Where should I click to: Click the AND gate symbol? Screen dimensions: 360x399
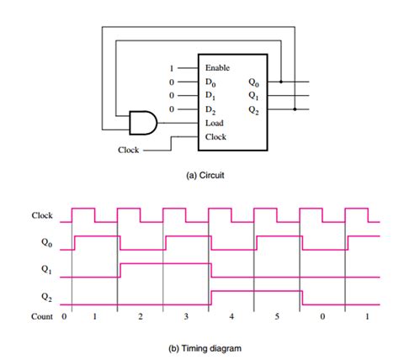click(141, 123)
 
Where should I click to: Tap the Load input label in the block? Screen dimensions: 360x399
click(214, 123)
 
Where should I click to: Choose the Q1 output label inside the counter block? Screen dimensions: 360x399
click(254, 95)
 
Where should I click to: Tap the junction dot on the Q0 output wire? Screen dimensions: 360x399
click(280, 82)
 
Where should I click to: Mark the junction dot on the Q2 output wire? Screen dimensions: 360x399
click(294, 109)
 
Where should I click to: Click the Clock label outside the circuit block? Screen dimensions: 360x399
click(129, 151)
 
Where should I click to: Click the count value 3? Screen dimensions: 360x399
click(186, 317)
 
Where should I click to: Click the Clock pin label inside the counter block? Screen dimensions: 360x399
click(215, 136)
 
